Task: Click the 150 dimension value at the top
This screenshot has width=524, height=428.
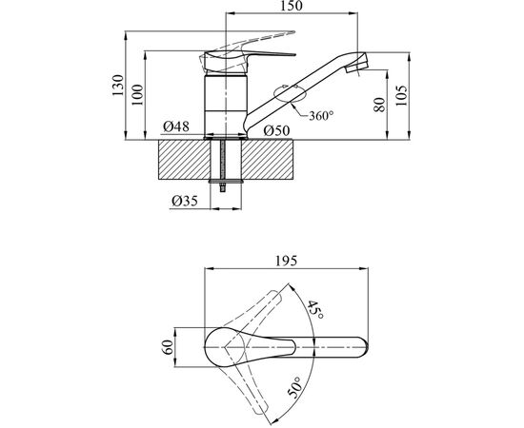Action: click(x=292, y=6)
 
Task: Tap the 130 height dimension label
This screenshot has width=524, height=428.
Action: click(x=117, y=86)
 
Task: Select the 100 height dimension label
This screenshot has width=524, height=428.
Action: click(x=137, y=95)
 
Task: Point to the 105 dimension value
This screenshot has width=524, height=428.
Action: click(x=402, y=96)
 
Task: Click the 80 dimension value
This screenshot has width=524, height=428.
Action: click(x=380, y=105)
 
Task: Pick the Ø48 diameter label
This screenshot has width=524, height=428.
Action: click(x=176, y=126)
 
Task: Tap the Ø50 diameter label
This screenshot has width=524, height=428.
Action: click(x=276, y=130)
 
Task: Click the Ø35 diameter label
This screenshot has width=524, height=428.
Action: click(x=185, y=201)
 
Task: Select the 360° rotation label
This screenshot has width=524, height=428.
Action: click(x=321, y=116)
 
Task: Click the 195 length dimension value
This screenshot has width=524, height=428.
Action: click(x=286, y=261)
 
